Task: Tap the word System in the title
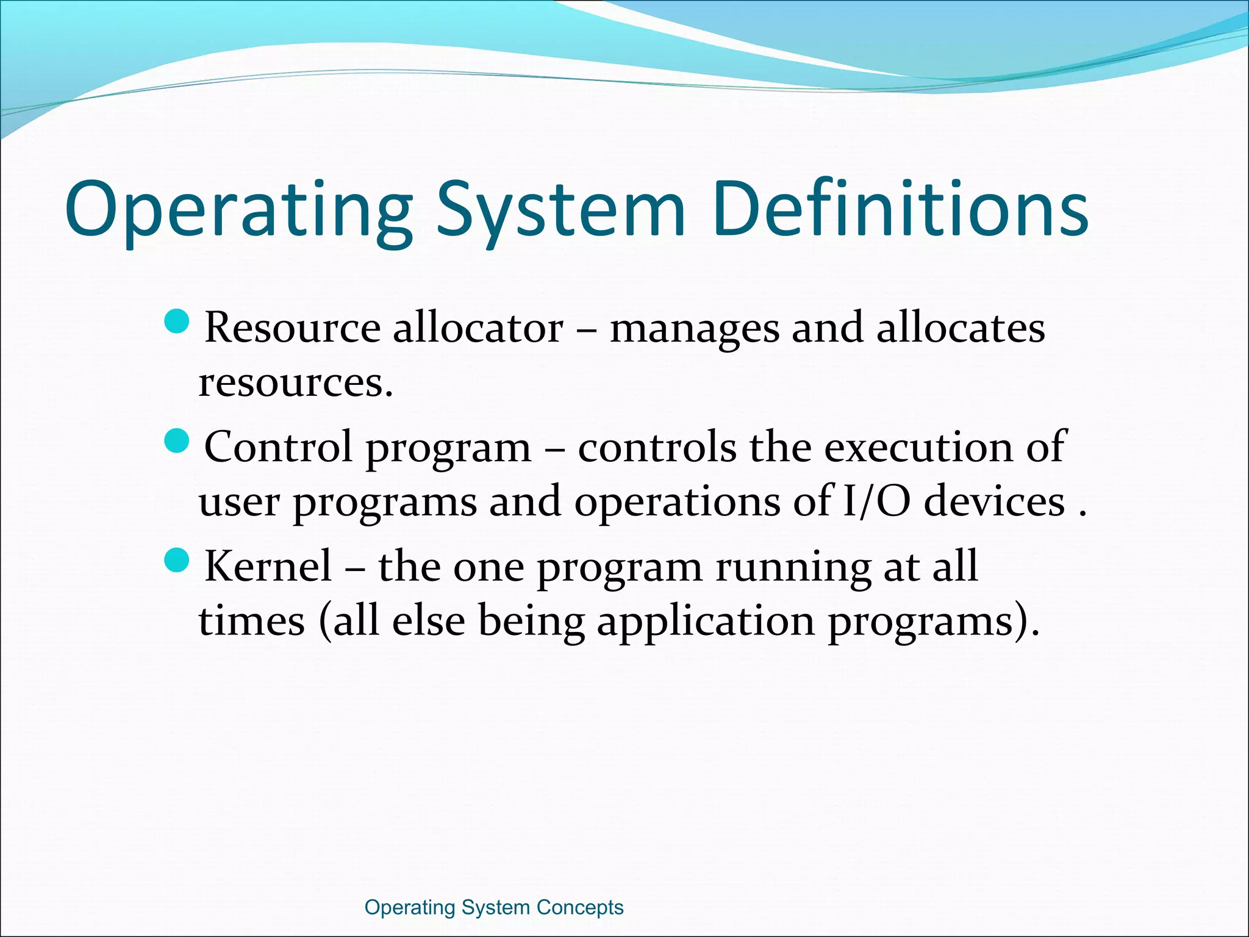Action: (x=561, y=210)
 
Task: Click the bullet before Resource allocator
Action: (x=178, y=321)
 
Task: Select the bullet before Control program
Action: (x=178, y=440)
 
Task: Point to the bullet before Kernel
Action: (x=178, y=559)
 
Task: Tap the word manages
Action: (x=695, y=330)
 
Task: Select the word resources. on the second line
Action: (x=296, y=384)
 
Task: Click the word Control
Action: (x=278, y=447)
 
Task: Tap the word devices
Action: (x=994, y=501)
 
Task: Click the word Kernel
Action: (x=268, y=566)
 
